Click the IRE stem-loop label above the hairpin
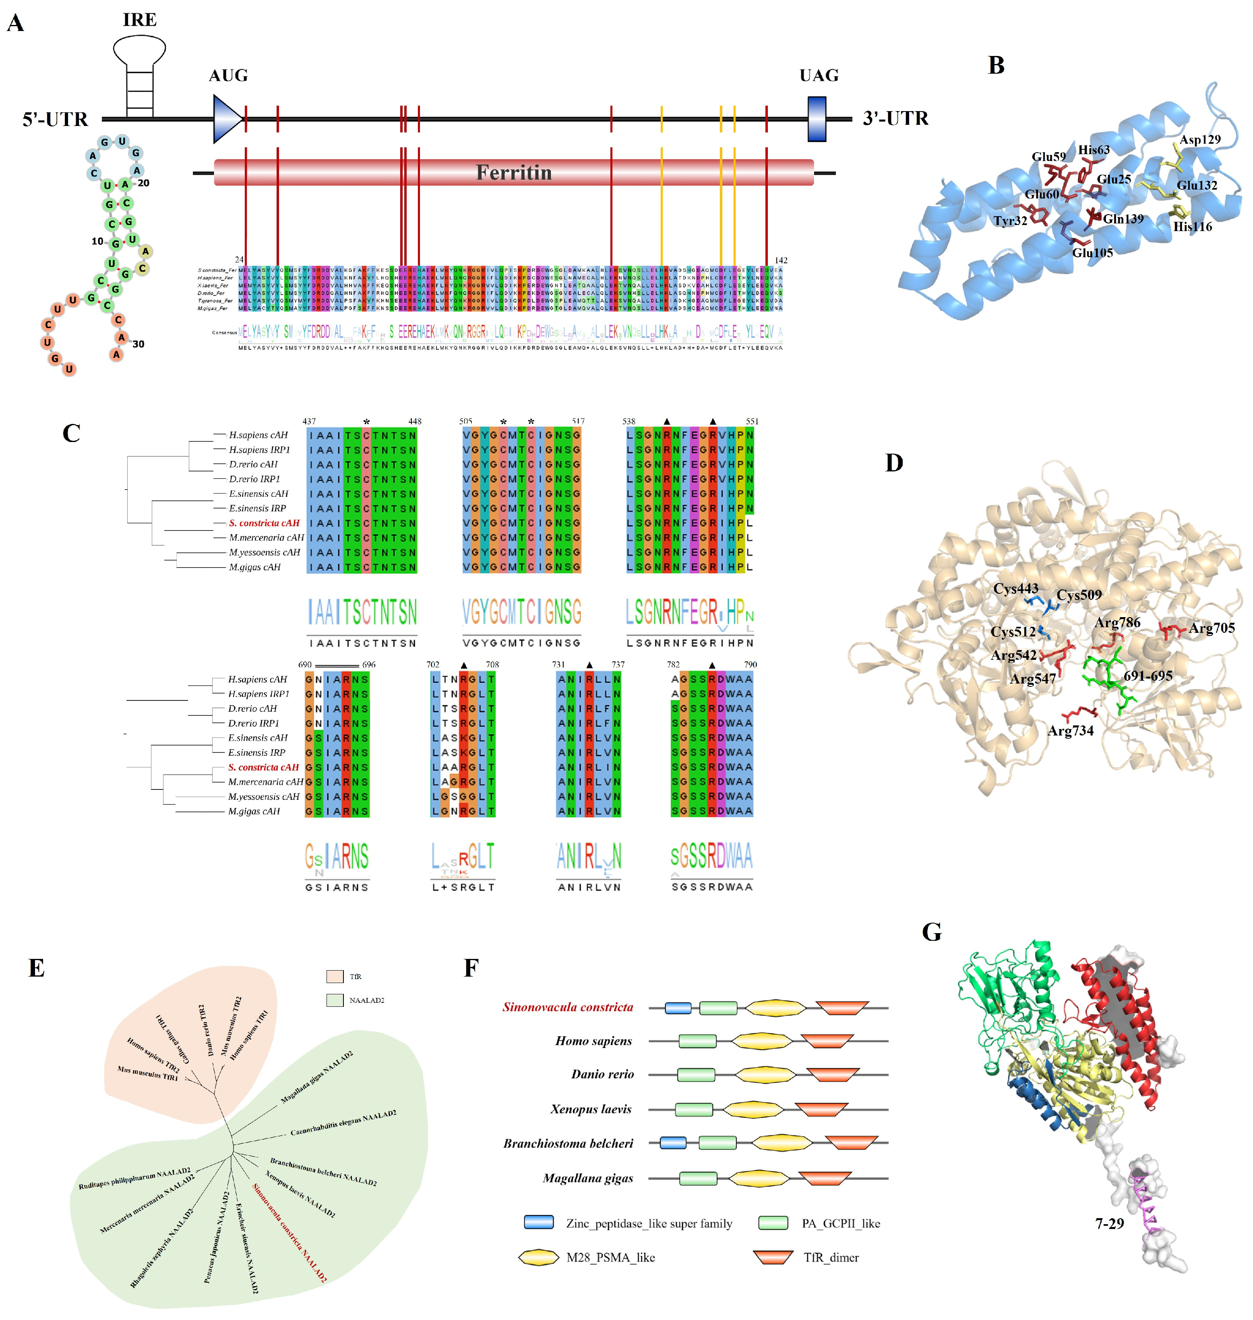pos(140,20)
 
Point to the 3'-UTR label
pos(895,118)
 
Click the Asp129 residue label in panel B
pos(1199,140)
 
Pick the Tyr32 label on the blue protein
pos(1010,221)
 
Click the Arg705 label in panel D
pos(1212,628)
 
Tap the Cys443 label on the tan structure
pos(1015,588)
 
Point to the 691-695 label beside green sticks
pos(1148,675)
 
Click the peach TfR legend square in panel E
pos(335,976)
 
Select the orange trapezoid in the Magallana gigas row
pos(825,1178)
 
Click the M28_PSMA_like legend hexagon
pos(538,1257)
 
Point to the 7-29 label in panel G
pos(1109,1223)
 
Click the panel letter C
pos(71,433)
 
